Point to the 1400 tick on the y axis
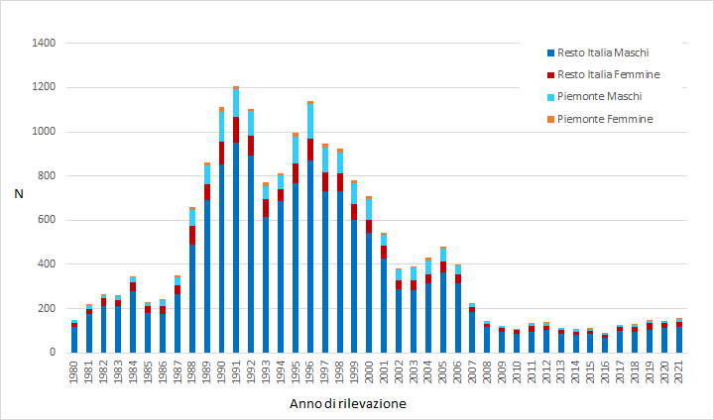click(x=43, y=44)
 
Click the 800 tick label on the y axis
click(x=46, y=176)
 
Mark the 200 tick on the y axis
click(x=46, y=308)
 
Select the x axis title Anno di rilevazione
click(x=347, y=404)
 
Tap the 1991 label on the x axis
click(x=236, y=372)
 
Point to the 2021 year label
click(x=679, y=372)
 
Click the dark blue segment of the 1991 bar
click(x=236, y=248)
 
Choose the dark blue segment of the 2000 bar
click(x=369, y=293)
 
